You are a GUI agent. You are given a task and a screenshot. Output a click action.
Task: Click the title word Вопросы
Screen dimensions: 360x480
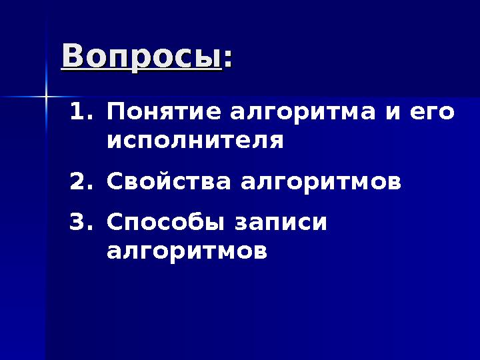click(141, 56)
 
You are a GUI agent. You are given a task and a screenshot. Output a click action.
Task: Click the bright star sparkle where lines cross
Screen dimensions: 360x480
click(47, 97)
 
